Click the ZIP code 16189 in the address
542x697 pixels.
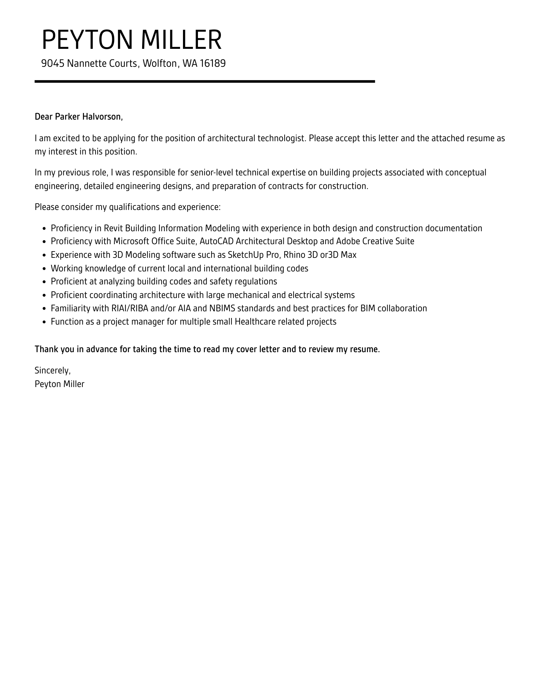click(x=213, y=63)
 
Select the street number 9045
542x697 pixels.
click(x=52, y=63)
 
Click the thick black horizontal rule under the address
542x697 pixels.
click(x=205, y=81)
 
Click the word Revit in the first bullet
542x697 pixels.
click(x=113, y=229)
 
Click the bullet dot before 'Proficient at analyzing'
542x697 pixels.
click(x=45, y=282)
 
